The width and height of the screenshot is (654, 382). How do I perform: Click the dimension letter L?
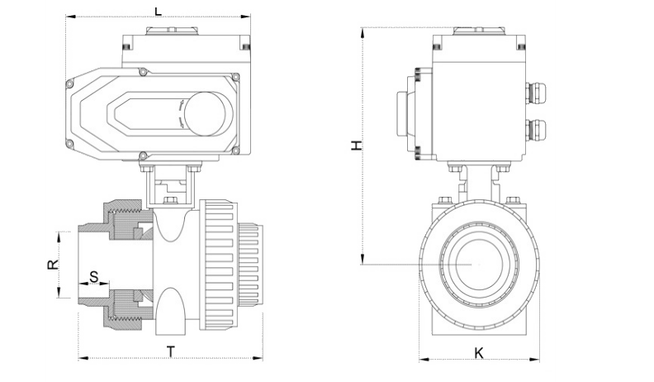click(158, 11)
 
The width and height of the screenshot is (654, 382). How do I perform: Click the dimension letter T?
click(171, 352)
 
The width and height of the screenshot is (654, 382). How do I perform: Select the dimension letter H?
click(356, 146)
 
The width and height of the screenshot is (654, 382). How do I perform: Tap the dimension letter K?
click(479, 353)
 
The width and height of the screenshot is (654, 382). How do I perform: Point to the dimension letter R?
click(53, 265)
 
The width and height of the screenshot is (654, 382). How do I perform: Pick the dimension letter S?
click(94, 276)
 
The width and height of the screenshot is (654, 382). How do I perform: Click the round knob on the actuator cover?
click(205, 114)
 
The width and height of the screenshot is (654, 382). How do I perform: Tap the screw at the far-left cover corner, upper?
click(69, 85)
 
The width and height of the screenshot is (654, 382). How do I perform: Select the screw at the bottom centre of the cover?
click(143, 156)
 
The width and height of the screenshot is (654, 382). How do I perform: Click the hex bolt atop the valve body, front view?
click(170, 200)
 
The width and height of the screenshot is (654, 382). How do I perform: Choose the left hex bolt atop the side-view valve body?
click(444, 200)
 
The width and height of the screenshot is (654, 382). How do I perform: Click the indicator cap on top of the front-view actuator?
click(172, 31)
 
